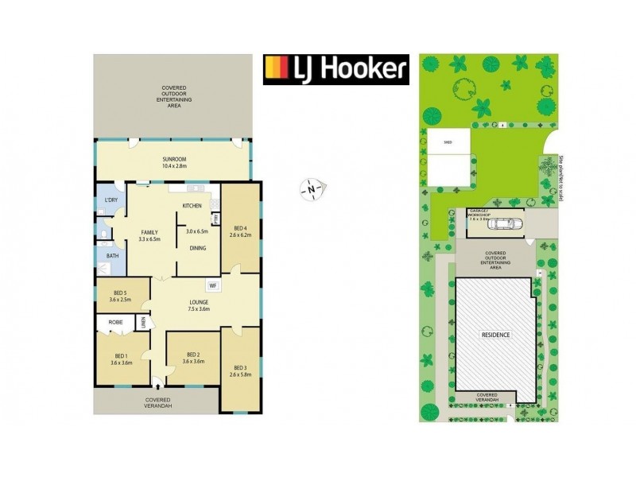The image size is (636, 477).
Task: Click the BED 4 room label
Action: pyautogui.click(x=239, y=228)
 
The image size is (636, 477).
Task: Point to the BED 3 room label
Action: pyautogui.click(x=240, y=367)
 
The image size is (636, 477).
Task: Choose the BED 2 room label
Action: pyautogui.click(x=194, y=355)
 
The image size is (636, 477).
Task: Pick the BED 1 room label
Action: pyautogui.click(x=121, y=355)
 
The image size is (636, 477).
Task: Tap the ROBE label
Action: pyautogui.click(x=114, y=322)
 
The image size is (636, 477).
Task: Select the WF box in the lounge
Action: pyautogui.click(x=212, y=285)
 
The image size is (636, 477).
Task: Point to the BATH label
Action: pyautogui.click(x=112, y=257)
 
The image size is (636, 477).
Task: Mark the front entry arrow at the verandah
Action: pyautogui.click(x=159, y=382)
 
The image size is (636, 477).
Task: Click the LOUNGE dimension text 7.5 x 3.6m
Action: pyautogui.click(x=193, y=308)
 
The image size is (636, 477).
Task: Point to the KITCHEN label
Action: pyautogui.click(x=192, y=206)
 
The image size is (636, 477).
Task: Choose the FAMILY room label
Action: pyautogui.click(x=149, y=231)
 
